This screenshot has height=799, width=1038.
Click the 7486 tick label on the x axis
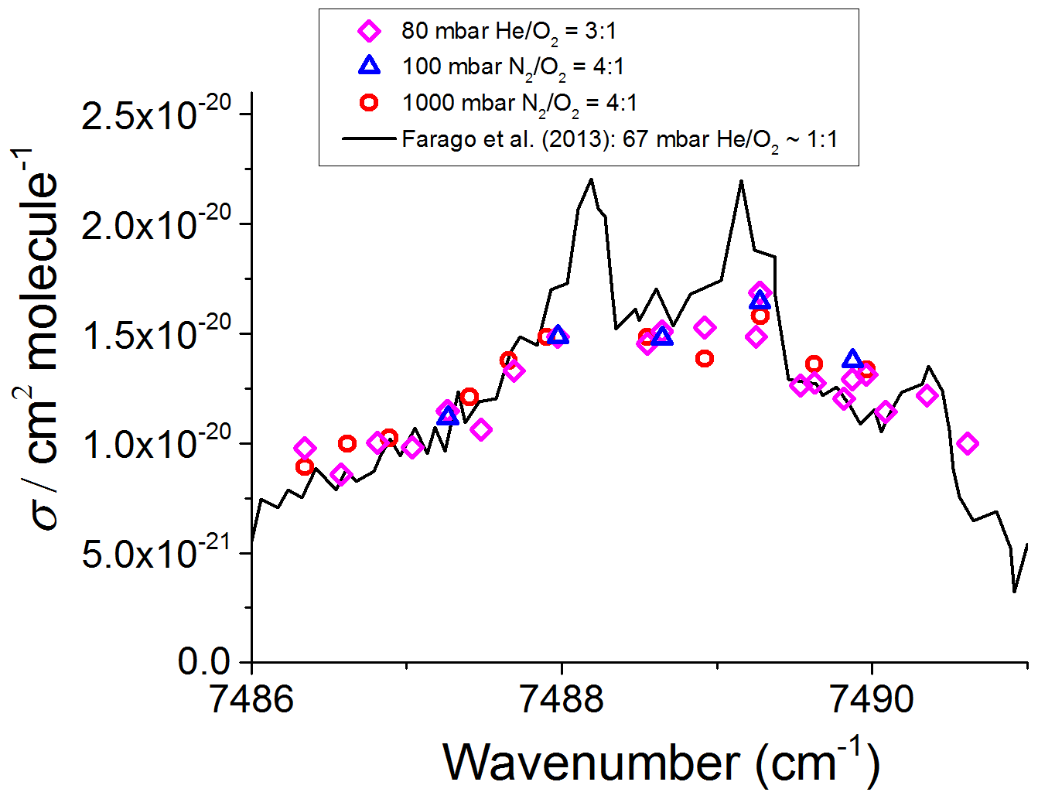(252, 699)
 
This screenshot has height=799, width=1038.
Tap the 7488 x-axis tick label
(562, 699)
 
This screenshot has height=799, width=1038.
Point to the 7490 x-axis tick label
(872, 699)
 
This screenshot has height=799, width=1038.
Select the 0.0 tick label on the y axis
(204, 662)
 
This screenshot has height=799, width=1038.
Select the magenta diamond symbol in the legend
(370, 31)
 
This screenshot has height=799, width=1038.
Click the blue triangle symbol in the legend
(370, 67)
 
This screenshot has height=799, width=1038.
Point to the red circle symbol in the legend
(370, 102)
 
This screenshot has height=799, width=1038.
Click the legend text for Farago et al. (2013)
(620, 139)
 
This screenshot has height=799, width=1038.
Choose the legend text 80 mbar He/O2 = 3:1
(508, 32)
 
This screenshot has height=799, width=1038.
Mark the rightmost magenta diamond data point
(967, 443)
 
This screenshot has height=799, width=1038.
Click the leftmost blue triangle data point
(448, 417)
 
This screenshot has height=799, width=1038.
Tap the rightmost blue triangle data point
(852, 359)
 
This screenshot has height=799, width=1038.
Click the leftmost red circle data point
(304, 466)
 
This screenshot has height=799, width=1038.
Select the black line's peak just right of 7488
(591, 179)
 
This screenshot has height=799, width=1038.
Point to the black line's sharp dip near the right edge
(1014, 592)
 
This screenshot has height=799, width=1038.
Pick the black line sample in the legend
(370, 139)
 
